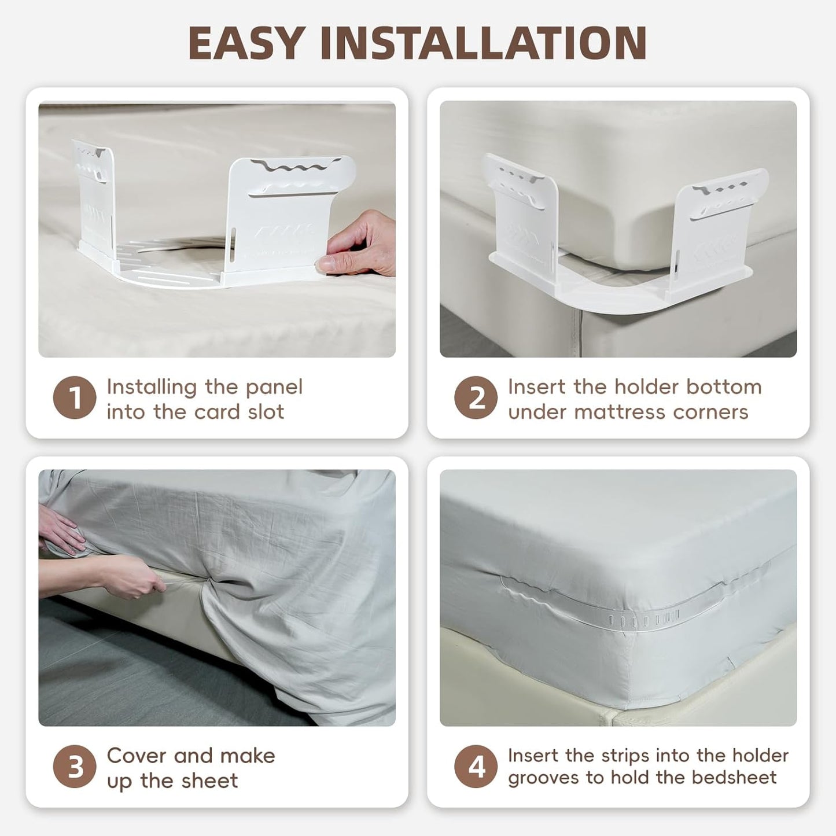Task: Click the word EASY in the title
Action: point(246,43)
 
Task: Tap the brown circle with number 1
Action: point(75,398)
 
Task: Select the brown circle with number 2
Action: point(476,398)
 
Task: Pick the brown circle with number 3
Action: point(75,767)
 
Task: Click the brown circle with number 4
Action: point(476,767)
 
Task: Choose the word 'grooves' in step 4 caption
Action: point(544,778)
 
